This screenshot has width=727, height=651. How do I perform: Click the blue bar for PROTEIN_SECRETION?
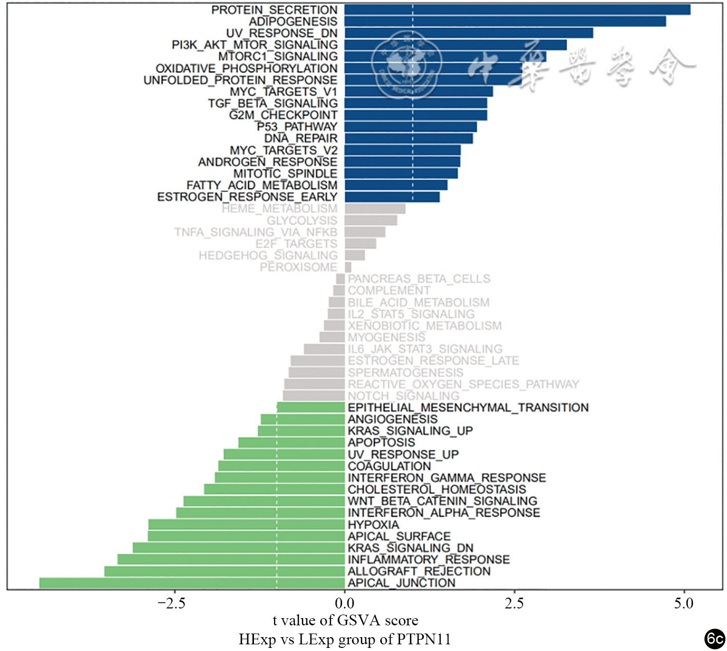[x=517, y=10]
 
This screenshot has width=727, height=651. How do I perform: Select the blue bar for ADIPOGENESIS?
[x=505, y=22]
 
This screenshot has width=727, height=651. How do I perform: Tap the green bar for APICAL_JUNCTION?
[x=192, y=583]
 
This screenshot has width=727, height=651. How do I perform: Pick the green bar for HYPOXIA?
[x=246, y=524]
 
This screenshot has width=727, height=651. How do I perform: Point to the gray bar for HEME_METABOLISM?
[x=375, y=209]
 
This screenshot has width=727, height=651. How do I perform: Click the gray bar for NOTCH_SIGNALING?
[x=313, y=396]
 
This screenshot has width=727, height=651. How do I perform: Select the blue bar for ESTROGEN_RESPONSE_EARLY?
[x=392, y=197]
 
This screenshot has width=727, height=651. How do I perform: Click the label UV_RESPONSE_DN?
[x=282, y=33]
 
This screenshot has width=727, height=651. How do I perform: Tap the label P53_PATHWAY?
[x=297, y=127]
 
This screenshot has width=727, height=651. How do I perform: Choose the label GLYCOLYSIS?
[x=302, y=221]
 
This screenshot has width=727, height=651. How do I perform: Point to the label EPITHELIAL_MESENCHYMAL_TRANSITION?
[x=468, y=408]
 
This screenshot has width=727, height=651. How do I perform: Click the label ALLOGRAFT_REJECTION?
[x=419, y=571]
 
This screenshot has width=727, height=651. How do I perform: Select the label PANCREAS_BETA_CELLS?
[x=419, y=279]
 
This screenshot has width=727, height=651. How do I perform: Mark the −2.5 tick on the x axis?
[x=171, y=603]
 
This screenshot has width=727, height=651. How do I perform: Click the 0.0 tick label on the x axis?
[x=344, y=603]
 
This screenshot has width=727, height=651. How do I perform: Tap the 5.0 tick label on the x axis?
[x=684, y=603]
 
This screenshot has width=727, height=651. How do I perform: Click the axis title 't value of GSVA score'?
[x=345, y=621]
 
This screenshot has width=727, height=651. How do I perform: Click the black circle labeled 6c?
[x=714, y=639]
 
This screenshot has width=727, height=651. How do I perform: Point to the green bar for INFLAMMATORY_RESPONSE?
[x=231, y=559]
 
